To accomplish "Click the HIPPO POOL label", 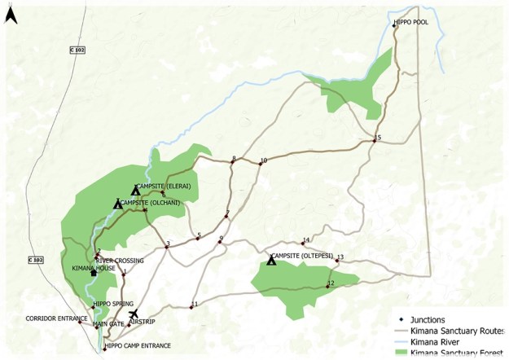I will [411, 23].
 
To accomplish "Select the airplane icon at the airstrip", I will [134, 314].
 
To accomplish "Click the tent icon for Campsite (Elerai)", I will [136, 190].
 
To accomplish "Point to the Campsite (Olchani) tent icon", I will [118, 204].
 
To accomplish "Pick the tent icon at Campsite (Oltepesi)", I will [271, 260].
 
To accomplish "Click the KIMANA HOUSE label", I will [115, 267].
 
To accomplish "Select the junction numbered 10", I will [261, 164].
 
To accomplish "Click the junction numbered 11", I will [191, 307].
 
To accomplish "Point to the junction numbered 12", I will [327, 286].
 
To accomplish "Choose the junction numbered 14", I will [303, 244].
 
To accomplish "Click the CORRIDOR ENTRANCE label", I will [54, 318].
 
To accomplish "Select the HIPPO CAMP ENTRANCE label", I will [139, 346].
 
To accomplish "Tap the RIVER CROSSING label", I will [120, 261].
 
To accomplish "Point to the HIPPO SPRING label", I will [113, 304].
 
